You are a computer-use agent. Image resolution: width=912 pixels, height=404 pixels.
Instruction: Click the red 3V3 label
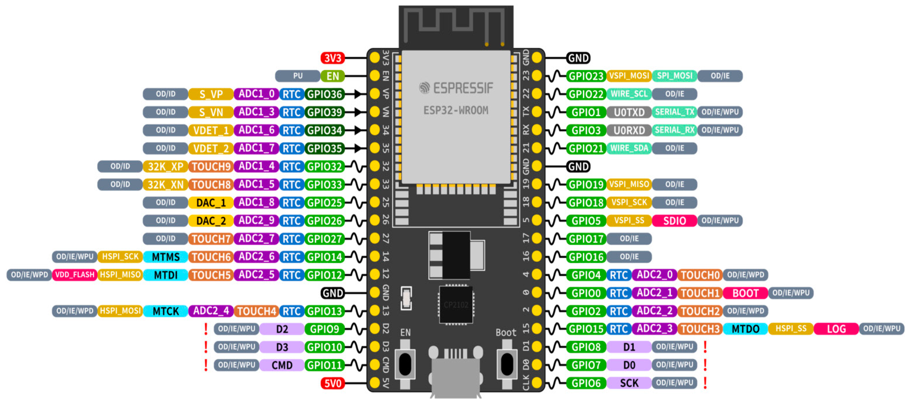332,58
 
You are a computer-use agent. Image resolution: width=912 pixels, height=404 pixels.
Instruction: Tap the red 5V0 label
332,383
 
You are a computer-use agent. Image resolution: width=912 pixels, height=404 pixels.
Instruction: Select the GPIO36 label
324,94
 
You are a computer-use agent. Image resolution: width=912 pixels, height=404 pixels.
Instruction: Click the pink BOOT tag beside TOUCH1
745,293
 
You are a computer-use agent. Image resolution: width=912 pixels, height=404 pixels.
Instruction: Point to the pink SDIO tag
675,221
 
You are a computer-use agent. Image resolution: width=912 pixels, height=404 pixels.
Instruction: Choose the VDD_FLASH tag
75,275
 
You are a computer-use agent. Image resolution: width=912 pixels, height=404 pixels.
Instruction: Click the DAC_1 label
211,203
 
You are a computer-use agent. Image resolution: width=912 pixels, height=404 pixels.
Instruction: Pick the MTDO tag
745,329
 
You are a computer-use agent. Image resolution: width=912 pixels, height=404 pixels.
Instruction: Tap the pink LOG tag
836,329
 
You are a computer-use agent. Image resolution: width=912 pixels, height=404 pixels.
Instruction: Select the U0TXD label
629,112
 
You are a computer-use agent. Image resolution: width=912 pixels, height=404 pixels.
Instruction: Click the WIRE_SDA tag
629,148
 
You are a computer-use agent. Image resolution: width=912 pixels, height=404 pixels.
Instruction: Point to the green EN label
332,76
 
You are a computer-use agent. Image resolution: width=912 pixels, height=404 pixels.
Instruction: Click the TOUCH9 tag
211,167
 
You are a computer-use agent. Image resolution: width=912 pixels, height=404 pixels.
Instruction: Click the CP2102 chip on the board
456,305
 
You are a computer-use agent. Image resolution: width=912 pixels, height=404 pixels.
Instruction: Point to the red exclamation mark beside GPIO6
705,383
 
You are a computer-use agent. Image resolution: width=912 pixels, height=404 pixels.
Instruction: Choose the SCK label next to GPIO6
629,383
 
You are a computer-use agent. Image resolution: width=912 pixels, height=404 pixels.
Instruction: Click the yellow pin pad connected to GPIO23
537,76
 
